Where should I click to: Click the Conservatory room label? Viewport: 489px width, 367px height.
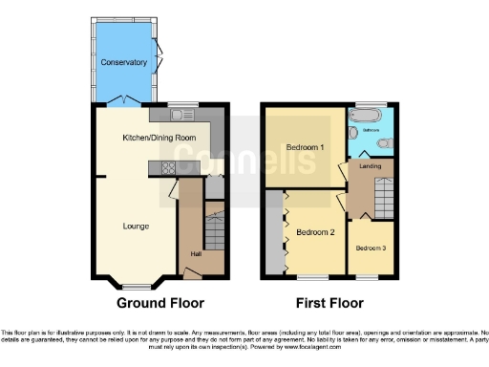[124, 62]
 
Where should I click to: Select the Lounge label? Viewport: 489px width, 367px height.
[135, 227]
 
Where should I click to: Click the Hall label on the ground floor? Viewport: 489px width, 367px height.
[196, 253]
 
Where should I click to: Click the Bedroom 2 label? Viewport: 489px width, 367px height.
[315, 232]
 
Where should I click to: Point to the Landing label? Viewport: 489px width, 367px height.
[371, 165]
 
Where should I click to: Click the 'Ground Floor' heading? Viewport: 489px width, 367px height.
[160, 304]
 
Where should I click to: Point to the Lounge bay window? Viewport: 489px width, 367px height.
[133, 283]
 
